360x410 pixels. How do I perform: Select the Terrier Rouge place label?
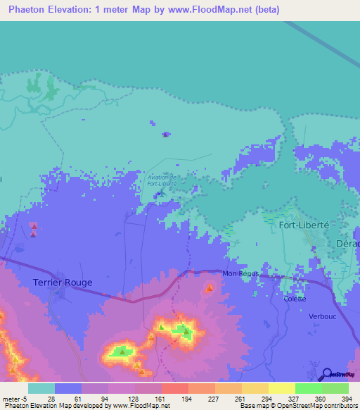[x=63, y=282]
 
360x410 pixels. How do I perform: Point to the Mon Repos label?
[x=240, y=273]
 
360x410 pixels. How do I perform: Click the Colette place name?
[x=295, y=299]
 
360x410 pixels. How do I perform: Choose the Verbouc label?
[x=323, y=316]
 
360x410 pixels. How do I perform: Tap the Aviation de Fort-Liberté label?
[x=162, y=180]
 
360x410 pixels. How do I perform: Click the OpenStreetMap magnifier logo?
[x=327, y=374]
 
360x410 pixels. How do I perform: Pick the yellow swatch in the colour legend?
[x=281, y=388]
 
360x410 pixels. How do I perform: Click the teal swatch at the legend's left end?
[x=41, y=388]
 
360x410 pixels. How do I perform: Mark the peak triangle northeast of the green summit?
[x=210, y=288]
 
